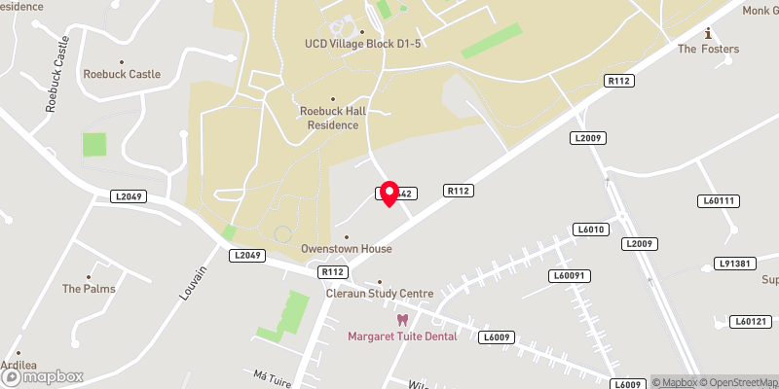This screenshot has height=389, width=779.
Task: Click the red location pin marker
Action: click(x=389, y=193)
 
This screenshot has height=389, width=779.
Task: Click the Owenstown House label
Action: click(x=346, y=249)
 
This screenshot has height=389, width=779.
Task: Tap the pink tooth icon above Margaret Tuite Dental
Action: click(x=400, y=320)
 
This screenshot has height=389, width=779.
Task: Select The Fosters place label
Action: click(x=708, y=49)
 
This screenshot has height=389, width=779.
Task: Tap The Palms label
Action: click(x=89, y=289)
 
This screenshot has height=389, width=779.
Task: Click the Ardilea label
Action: click(x=19, y=366)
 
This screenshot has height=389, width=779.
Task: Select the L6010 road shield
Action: click(x=590, y=230)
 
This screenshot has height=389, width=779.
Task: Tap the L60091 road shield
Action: click(x=573, y=276)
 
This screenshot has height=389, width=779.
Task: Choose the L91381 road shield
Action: click(x=735, y=264)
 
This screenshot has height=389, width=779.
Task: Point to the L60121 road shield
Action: click(x=751, y=321)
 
